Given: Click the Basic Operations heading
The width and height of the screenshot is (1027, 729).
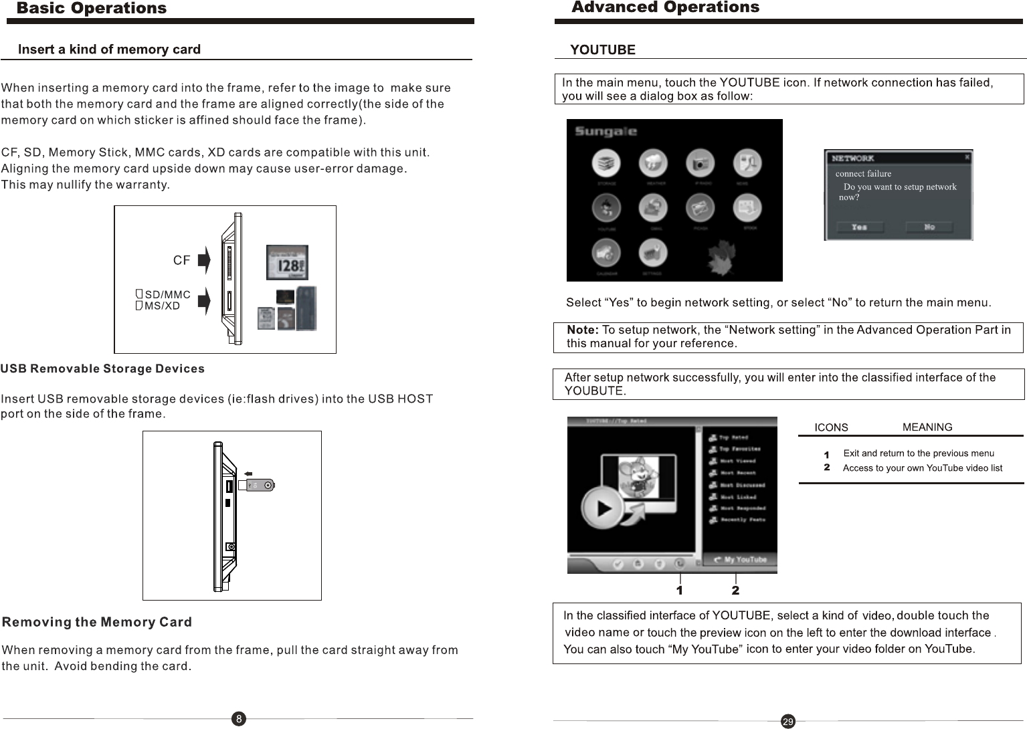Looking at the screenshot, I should click(92, 8).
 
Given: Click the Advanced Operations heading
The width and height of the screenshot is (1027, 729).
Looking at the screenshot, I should click(665, 7).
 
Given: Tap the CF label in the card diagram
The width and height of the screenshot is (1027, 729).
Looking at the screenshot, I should click(181, 260).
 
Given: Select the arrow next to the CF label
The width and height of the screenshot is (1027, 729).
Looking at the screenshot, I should click(204, 260).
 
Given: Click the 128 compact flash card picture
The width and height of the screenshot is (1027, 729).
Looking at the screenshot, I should click(287, 262).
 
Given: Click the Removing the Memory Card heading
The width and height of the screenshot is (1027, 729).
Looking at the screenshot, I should click(98, 623).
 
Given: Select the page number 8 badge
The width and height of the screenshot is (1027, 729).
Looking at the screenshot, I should click(239, 719).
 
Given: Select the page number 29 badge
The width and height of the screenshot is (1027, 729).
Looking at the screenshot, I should click(788, 721).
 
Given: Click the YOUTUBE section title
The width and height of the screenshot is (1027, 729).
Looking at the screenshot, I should click(602, 50).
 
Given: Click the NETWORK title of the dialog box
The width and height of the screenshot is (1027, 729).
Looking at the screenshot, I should click(852, 159).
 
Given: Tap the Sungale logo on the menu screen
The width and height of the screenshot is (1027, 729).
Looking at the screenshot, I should click(605, 131).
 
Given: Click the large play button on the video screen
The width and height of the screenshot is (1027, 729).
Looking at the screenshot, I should click(603, 508).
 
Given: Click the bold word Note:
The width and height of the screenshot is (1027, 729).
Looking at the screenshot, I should click(582, 330).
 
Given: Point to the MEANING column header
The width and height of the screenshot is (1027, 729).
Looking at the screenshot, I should click(927, 427).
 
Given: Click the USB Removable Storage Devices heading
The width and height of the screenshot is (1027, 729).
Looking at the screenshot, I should click(103, 369).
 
